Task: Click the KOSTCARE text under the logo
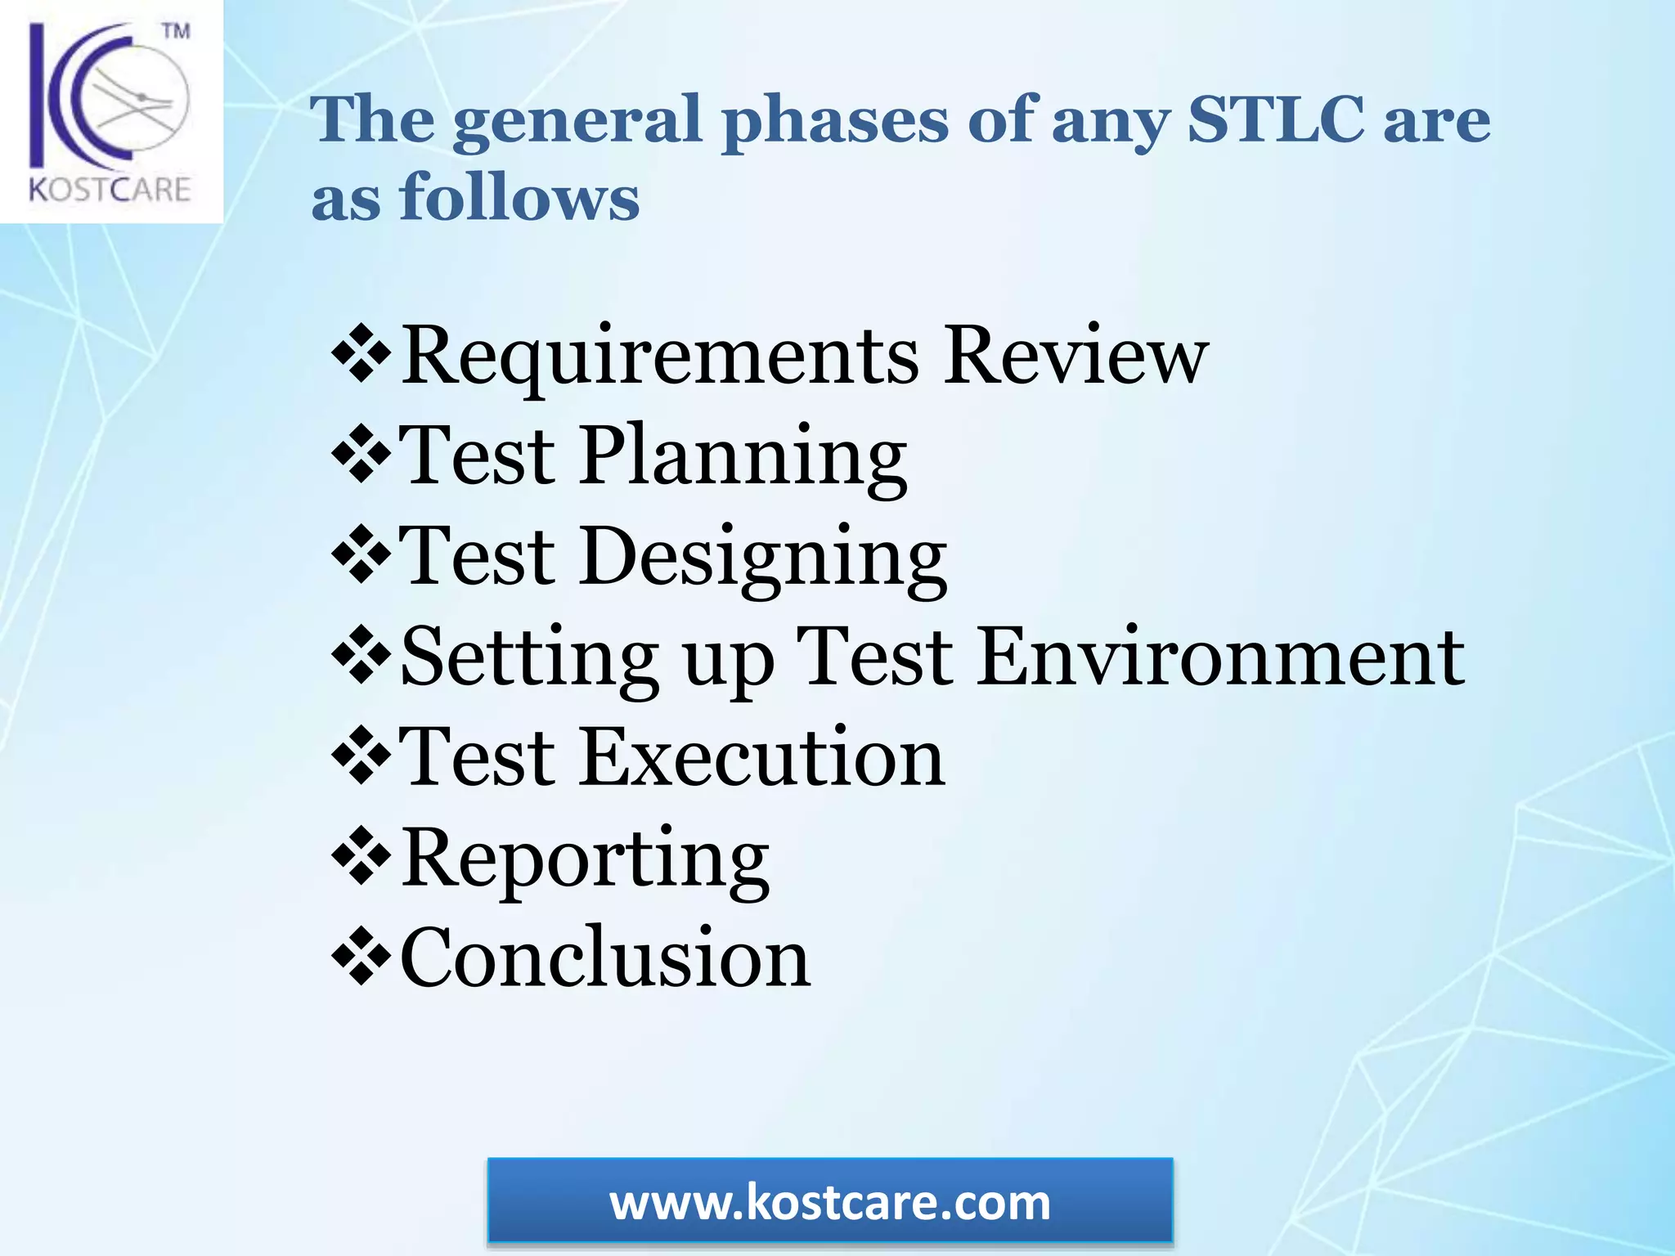click(x=110, y=190)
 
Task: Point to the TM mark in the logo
click(x=176, y=33)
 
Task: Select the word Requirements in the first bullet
click(x=659, y=357)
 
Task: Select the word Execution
click(x=761, y=757)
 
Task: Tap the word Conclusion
click(x=605, y=957)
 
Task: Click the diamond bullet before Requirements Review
click(x=360, y=356)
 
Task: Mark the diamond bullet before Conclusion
click(x=360, y=957)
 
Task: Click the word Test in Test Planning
click(x=478, y=455)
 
